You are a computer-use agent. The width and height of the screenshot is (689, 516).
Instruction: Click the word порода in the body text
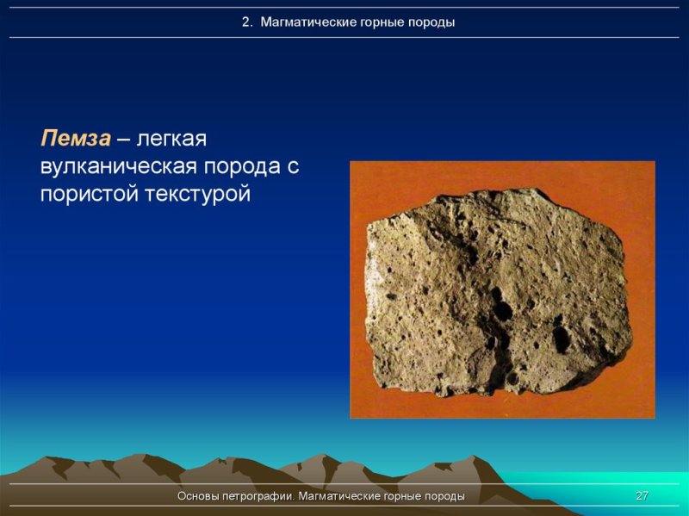242,167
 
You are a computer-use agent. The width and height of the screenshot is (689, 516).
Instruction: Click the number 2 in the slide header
245,22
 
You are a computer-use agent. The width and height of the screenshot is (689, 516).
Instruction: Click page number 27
641,496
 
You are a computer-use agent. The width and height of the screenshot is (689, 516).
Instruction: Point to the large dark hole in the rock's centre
499,302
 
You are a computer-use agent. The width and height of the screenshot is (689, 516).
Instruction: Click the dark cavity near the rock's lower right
561,339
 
